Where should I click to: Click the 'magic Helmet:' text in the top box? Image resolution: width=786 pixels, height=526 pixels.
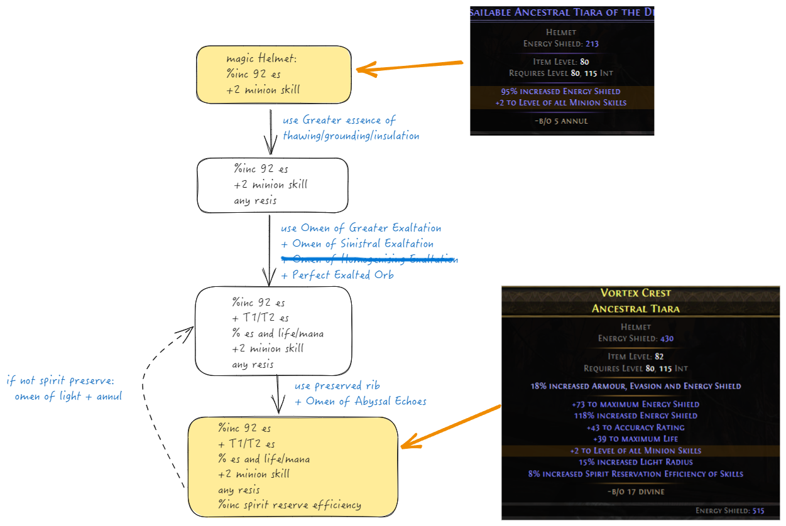coord(261,59)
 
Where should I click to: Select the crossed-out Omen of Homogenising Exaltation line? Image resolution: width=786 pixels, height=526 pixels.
coord(369,259)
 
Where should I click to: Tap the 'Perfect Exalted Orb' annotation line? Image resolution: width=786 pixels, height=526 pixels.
coord(337,275)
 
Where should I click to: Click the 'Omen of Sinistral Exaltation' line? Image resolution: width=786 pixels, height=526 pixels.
coord(357,244)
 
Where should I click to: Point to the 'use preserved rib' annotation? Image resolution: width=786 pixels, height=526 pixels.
coord(337,385)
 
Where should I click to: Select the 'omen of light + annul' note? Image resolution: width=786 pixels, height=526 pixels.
coord(68,397)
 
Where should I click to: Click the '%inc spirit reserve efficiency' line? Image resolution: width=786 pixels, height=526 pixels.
coord(290,505)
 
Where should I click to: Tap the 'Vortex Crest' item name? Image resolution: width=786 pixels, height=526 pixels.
coord(635,293)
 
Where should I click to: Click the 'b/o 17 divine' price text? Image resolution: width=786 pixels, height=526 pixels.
coord(636,491)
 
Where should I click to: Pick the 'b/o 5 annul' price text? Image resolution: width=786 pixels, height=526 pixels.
coord(562,121)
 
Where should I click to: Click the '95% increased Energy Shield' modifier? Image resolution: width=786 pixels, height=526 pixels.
coord(562,92)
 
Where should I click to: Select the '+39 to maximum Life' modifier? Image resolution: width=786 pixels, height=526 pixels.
coord(635,439)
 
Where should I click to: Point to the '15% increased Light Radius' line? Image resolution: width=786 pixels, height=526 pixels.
coord(635,462)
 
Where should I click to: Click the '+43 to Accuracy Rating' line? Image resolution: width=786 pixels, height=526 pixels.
coord(635,427)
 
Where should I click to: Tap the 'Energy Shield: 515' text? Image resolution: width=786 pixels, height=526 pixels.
coord(730,511)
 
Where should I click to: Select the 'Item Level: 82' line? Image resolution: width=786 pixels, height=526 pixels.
coord(635,357)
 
